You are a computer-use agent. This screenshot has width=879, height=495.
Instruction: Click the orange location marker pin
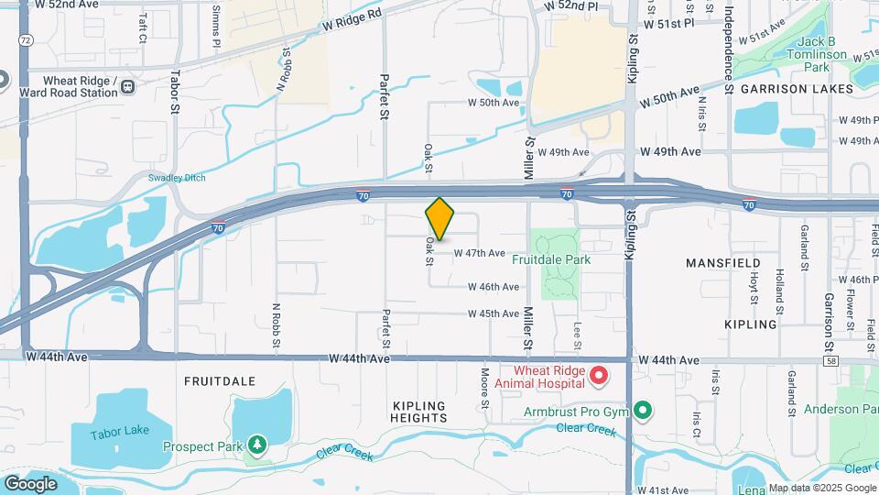440,218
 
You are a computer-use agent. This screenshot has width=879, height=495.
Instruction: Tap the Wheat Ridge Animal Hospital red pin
599,375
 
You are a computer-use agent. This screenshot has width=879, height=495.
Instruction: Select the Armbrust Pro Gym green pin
643,411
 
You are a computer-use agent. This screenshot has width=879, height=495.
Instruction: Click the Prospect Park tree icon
258,445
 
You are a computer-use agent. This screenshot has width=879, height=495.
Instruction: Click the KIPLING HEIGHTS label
418,412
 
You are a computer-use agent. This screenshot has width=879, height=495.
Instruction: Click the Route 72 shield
25,40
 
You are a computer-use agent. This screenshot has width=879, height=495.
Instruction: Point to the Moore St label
484,388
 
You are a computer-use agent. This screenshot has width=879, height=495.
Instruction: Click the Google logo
30,483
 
